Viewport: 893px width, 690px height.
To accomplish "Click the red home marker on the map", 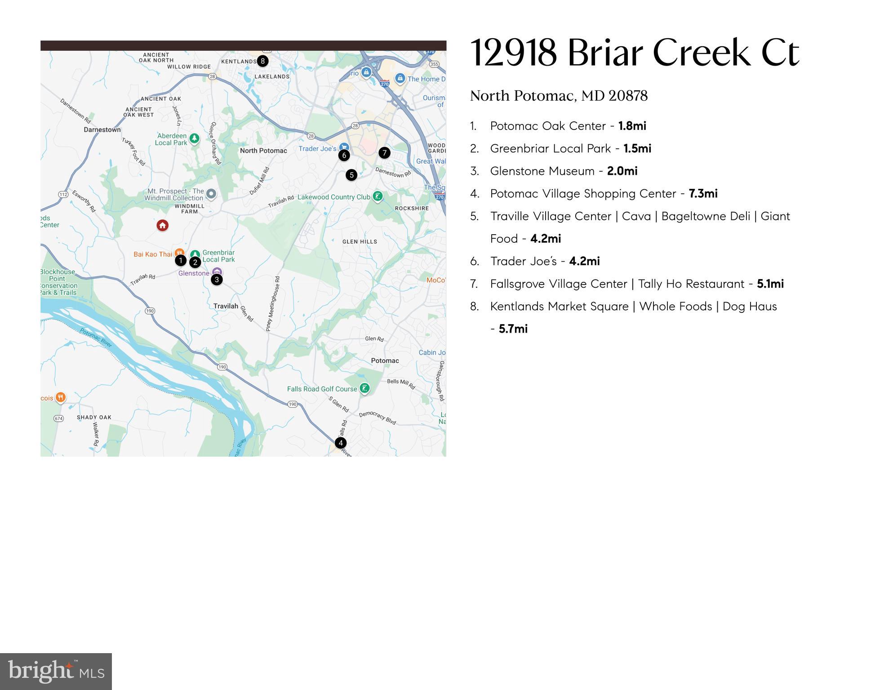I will (163, 225).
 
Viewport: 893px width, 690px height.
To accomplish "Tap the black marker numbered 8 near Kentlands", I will (262, 61).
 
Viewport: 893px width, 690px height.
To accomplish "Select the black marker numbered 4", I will (341, 443).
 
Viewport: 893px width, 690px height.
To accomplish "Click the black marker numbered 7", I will (384, 153).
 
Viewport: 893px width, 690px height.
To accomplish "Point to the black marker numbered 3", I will (217, 280).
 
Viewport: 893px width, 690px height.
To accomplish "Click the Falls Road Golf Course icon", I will (364, 388).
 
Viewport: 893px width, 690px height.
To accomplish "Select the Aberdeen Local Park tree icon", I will (194, 138).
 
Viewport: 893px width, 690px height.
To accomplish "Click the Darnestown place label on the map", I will (102, 130).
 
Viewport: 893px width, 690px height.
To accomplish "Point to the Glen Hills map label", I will (360, 242).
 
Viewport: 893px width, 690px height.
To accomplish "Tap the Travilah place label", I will (226, 306).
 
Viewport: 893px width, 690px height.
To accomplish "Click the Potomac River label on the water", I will (96, 337).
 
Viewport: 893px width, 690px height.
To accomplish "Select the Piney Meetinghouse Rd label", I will (274, 304).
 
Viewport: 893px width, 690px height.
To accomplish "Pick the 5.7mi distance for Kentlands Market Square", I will (513, 329).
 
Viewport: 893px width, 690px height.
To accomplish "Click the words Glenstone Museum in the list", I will (542, 171).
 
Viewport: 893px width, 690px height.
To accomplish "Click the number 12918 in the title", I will (513, 53).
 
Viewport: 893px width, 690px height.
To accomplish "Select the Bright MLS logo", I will (56, 672).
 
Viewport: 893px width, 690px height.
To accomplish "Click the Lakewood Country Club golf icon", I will (378, 196).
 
